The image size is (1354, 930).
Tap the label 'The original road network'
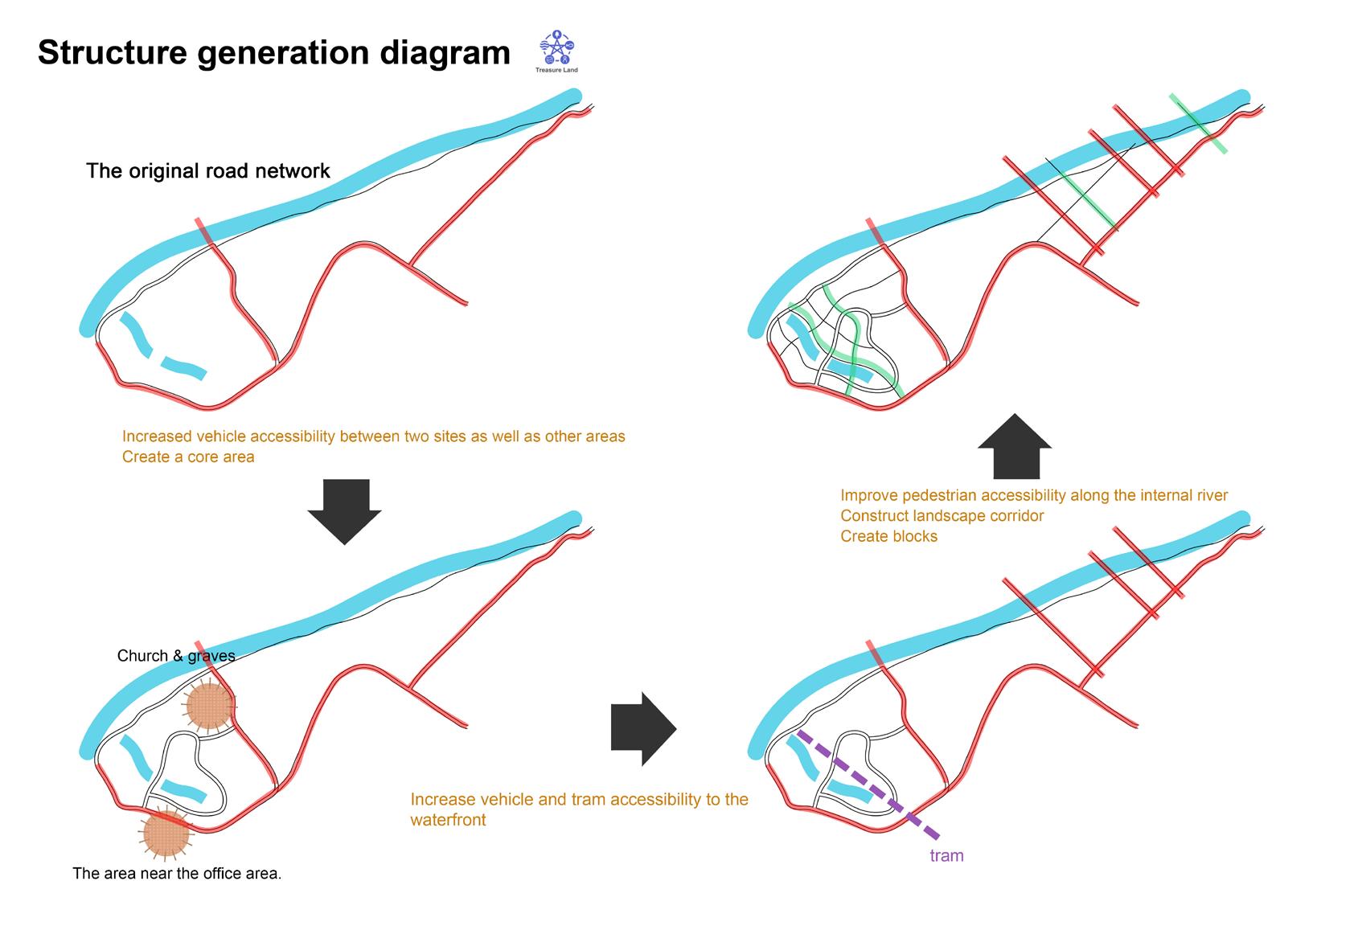[208, 171]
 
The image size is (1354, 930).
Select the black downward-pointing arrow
[344, 510]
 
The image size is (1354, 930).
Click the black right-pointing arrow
[643, 729]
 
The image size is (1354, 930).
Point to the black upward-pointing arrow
[1015, 447]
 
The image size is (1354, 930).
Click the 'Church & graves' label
[176, 656]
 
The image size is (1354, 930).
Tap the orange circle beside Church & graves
[209, 706]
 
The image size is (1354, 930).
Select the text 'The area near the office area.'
[177, 874]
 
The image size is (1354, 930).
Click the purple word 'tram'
[946, 856]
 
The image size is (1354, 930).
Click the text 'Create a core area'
[188, 457]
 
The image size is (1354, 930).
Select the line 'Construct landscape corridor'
[942, 516]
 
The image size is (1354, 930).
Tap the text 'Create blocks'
[888, 537]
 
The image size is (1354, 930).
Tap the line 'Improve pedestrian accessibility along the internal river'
[1034, 495]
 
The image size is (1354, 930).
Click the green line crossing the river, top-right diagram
[1198, 123]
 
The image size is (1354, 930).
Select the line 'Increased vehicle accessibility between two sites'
[373, 436]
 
